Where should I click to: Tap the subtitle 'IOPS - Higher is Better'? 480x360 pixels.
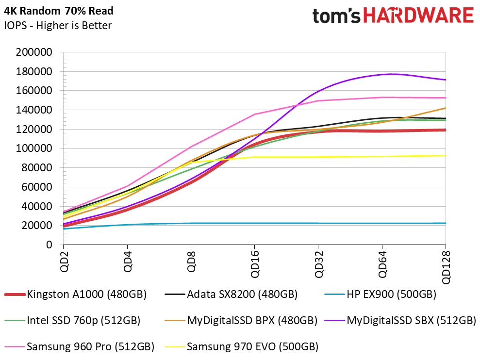point(58,25)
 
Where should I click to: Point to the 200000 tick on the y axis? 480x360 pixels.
point(34,52)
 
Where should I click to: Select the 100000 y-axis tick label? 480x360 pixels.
point(34,148)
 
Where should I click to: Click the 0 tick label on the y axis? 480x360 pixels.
point(49,245)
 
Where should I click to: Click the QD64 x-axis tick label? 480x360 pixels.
point(382,264)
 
